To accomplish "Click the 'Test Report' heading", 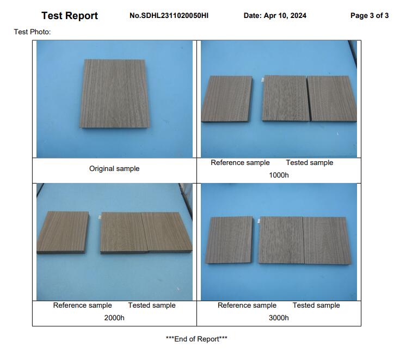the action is point(70,16).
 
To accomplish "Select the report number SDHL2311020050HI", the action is point(175,16).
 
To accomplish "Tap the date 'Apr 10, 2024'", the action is point(285,16).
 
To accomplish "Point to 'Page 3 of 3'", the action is point(370,16).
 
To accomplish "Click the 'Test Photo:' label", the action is point(33,32).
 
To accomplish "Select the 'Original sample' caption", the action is point(114,168).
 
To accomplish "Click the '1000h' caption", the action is point(279,175).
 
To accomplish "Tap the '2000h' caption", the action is point(114,318).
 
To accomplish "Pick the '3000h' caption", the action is point(279,318).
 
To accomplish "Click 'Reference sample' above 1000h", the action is point(240,163).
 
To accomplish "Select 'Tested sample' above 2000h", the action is point(152,306).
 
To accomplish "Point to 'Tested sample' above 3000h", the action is point(316,306).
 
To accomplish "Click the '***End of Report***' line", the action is point(196,339).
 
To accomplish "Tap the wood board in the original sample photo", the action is point(115,94).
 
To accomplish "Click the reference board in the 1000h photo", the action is point(227,99).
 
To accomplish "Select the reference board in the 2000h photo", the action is point(63,232).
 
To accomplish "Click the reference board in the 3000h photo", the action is point(229,240).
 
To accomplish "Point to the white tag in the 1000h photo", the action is point(262,80).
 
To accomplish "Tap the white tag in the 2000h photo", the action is point(100,217).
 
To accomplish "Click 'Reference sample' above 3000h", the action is point(247,306).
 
